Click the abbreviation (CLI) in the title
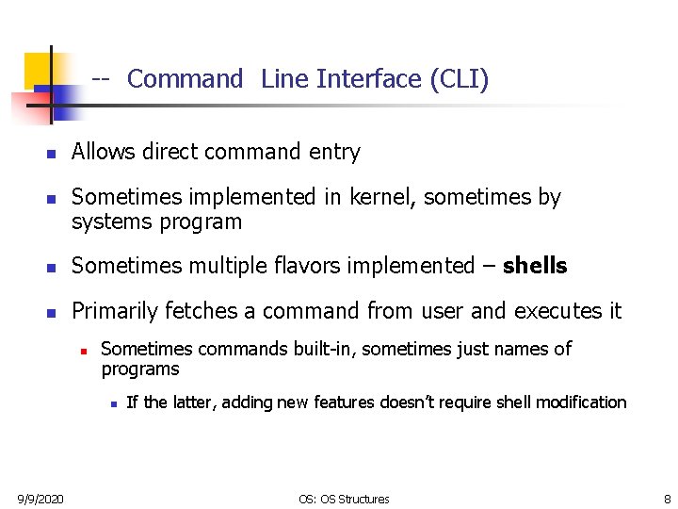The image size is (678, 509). (459, 79)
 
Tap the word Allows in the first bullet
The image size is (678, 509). (102, 152)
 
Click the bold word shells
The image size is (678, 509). (535, 266)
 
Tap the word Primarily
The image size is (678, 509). (115, 311)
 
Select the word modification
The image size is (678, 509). (580, 402)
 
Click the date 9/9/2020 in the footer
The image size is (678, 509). (40, 499)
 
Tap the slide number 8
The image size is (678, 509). (667, 499)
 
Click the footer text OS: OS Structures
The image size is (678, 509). (344, 499)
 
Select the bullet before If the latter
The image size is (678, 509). (112, 403)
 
